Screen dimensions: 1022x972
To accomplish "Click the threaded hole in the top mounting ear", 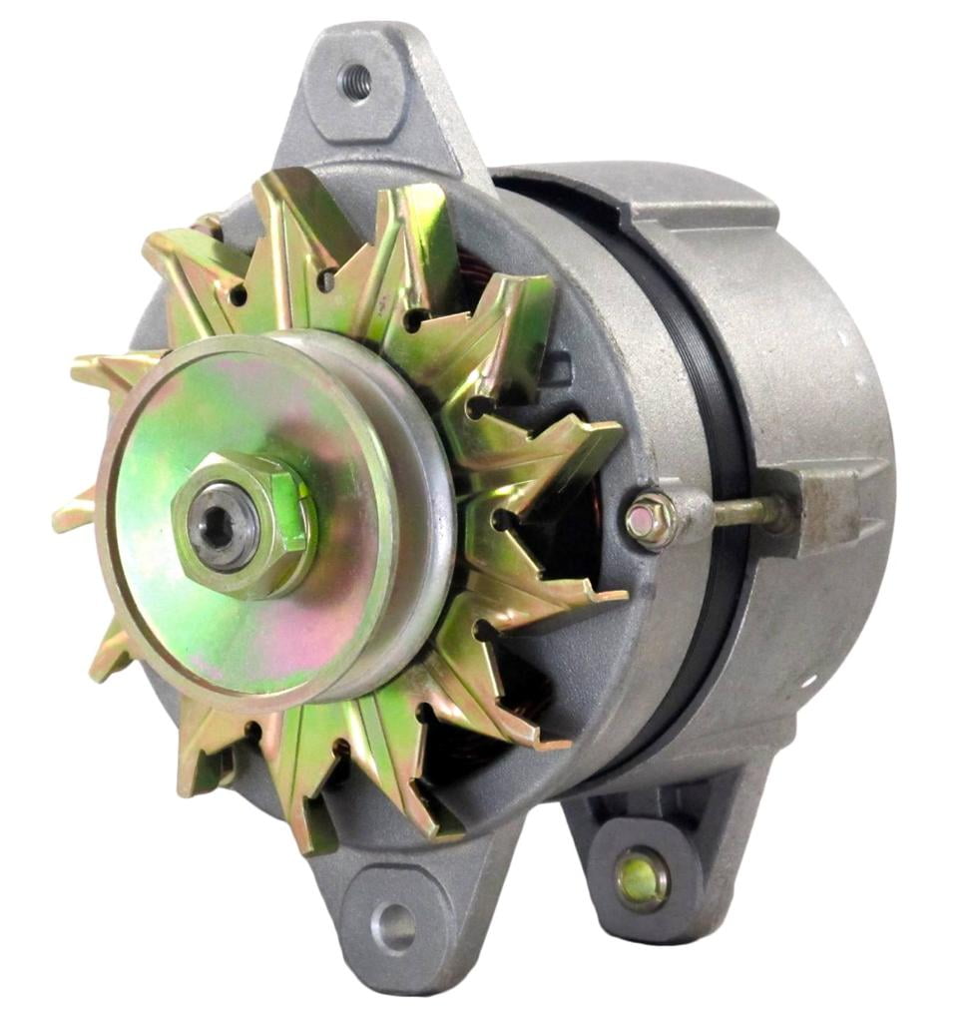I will coord(355,81).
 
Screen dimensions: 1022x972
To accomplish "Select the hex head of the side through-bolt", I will coord(650,520).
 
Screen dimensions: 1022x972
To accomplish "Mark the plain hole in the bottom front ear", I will coord(396,927).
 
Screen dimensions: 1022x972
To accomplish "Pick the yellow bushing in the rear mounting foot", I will coord(641,877).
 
